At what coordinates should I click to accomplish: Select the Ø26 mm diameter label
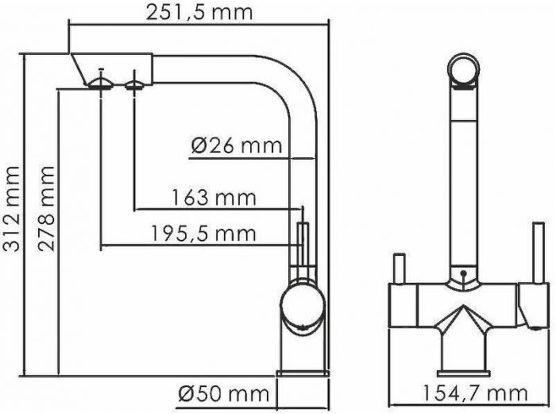(x=237, y=145)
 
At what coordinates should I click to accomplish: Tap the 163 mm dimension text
(x=214, y=197)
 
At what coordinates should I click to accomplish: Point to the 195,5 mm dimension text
(x=203, y=233)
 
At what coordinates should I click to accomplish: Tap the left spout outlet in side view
(x=101, y=83)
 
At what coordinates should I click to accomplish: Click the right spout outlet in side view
(x=135, y=83)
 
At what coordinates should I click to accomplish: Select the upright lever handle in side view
(x=302, y=246)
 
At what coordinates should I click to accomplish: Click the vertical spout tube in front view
(x=462, y=183)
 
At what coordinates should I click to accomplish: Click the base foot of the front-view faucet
(x=463, y=363)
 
